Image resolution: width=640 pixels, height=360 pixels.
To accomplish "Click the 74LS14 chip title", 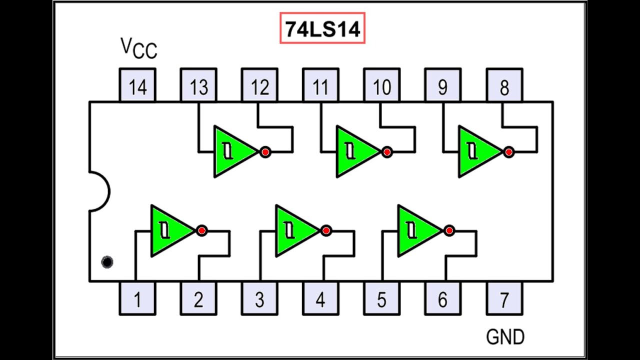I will coord(322,28).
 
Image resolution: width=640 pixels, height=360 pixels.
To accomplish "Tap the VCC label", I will coord(138,48).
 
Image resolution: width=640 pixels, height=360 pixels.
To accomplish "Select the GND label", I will coord(505,336).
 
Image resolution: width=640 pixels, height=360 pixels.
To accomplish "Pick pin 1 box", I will coord(137,299).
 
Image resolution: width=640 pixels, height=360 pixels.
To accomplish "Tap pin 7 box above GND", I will coord(504,299).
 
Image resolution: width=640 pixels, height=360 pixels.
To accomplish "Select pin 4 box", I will coord(320,299).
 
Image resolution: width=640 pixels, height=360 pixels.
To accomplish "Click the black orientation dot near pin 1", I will coord(107,262).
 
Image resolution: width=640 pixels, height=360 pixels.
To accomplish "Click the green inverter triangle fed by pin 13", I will coord(232,151).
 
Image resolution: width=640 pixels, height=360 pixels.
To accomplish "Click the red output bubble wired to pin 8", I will coord(508,151).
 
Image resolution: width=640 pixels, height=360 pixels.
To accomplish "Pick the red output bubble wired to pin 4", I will coord(326,230).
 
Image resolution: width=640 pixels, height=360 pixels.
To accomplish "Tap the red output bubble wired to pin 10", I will coord(386,151).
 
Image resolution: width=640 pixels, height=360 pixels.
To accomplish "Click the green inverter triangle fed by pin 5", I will coord(416,230).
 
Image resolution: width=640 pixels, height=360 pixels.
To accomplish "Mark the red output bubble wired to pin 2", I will coord(201,230).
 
